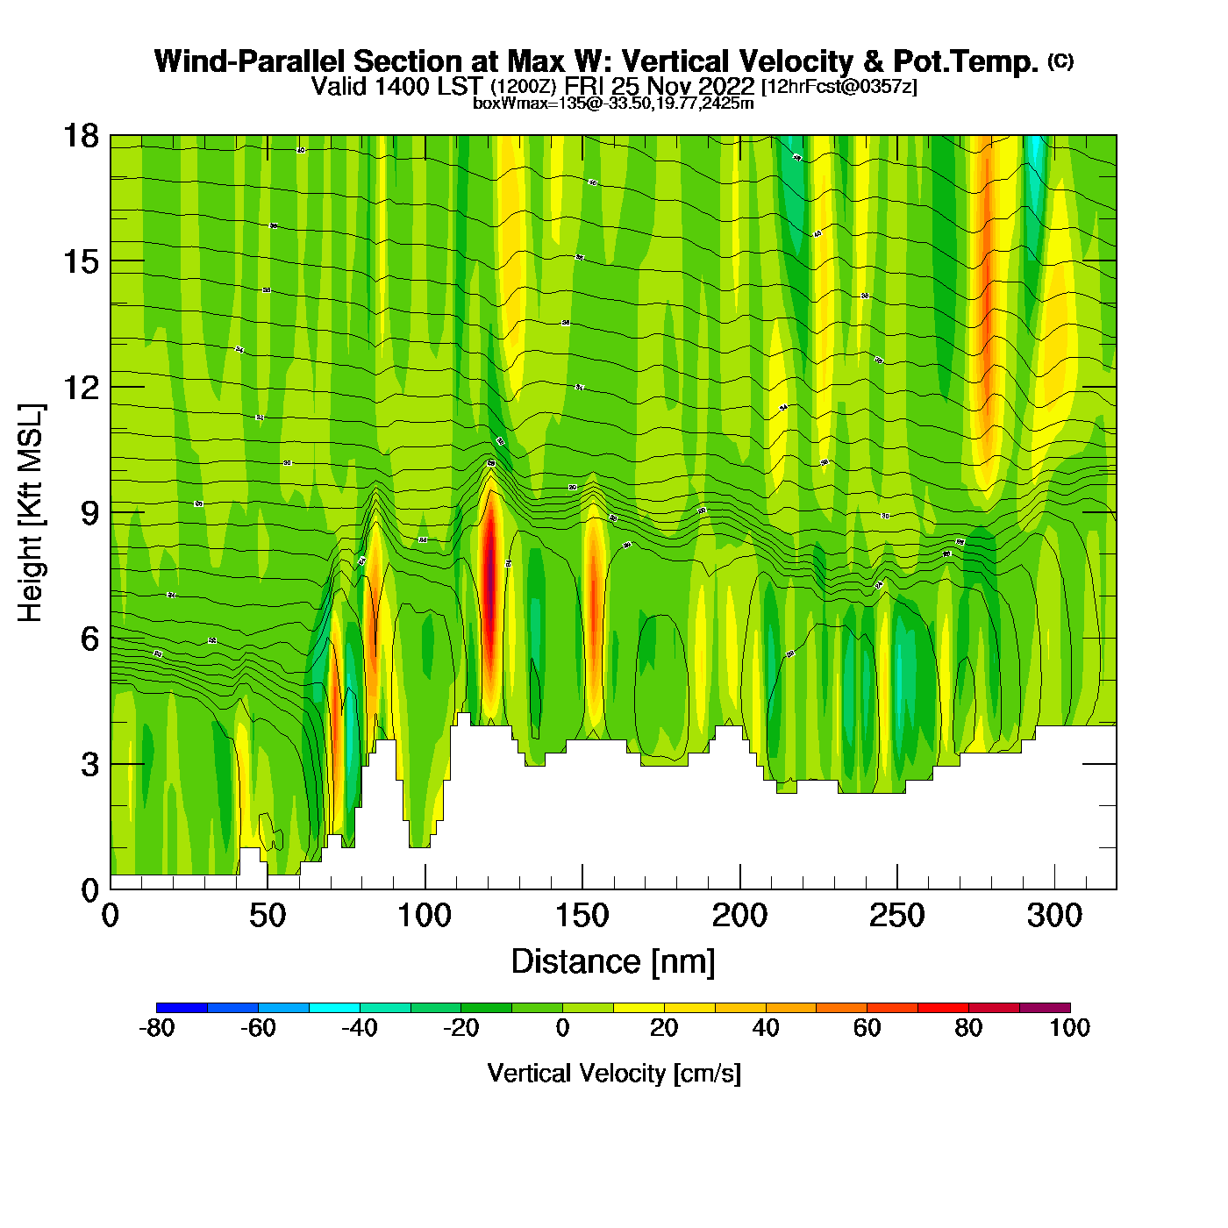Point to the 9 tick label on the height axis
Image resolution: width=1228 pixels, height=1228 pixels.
pyautogui.click(x=89, y=513)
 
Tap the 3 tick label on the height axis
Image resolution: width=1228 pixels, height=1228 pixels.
pyautogui.click(x=89, y=765)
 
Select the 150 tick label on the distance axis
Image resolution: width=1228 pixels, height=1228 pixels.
pyautogui.click(x=582, y=917)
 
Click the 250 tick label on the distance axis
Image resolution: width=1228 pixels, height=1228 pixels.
pyautogui.click(x=896, y=917)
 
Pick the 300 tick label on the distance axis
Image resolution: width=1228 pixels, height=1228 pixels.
pyautogui.click(x=1053, y=917)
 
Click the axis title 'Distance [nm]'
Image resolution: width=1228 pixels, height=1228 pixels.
pyautogui.click(x=613, y=962)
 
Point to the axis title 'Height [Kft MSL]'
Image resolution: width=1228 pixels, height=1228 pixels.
pyautogui.click(x=31, y=513)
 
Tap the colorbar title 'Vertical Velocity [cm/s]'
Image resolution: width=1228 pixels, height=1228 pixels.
pyautogui.click(x=613, y=1074)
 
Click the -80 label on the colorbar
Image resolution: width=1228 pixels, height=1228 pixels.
pyautogui.click(x=157, y=1028)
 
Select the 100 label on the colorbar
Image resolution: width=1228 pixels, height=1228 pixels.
pyautogui.click(x=1069, y=1028)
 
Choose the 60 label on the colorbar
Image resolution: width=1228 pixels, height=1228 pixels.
pyautogui.click(x=867, y=1028)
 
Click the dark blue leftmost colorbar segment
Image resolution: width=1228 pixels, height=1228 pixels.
pyautogui.click(x=182, y=1008)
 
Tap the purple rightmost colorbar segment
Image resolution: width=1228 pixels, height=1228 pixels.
pyautogui.click(x=1045, y=1008)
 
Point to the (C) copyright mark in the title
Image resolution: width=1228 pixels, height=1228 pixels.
pyautogui.click(x=1060, y=61)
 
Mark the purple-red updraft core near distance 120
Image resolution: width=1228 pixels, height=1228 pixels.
pyautogui.click(x=489, y=596)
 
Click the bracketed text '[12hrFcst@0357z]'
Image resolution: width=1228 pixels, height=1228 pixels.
pyautogui.click(x=839, y=87)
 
